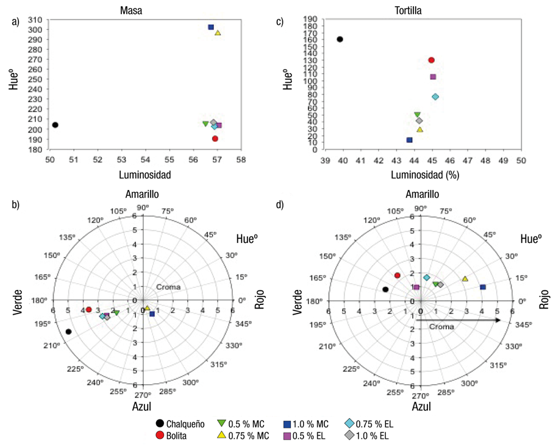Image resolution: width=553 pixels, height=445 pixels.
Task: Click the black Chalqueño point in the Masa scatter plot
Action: click(55, 125)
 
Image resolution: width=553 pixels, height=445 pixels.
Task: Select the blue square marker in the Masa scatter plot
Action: click(211, 27)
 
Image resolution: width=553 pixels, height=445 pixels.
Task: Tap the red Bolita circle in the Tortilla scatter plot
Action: click(431, 60)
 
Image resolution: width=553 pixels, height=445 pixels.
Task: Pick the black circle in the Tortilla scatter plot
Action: click(340, 39)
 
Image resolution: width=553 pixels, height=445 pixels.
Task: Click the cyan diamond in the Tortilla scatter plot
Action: click(435, 97)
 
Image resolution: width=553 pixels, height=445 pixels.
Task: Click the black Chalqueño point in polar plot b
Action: click(69, 332)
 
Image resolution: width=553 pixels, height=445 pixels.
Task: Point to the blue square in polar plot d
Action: click(483, 287)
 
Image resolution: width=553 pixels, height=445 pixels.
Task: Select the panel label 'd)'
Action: click(280, 205)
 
